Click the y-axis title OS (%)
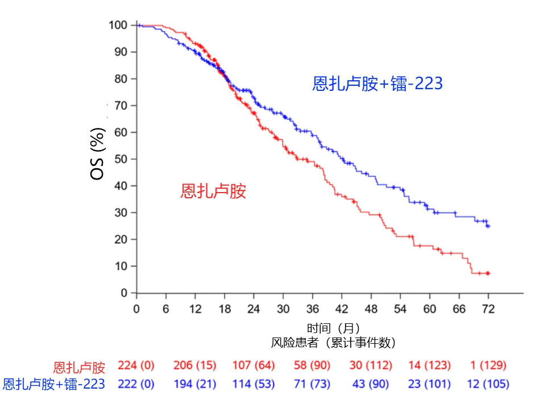[98, 155]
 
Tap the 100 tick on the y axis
[118, 25]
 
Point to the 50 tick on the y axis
[121, 159]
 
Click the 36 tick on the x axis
[312, 309]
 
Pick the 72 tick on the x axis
[488, 309]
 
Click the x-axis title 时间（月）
[333, 328]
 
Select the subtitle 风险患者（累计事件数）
[333, 343]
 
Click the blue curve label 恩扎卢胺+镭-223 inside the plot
[378, 84]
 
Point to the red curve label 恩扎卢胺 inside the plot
[213, 191]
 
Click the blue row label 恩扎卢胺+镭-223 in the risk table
[54, 384]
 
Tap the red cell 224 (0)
[136, 365]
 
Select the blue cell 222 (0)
[136, 384]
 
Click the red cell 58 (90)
[312, 365]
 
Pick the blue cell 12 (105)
[487, 384]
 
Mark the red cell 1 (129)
[487, 365]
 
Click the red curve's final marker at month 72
[488, 273]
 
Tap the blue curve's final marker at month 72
[488, 226]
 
